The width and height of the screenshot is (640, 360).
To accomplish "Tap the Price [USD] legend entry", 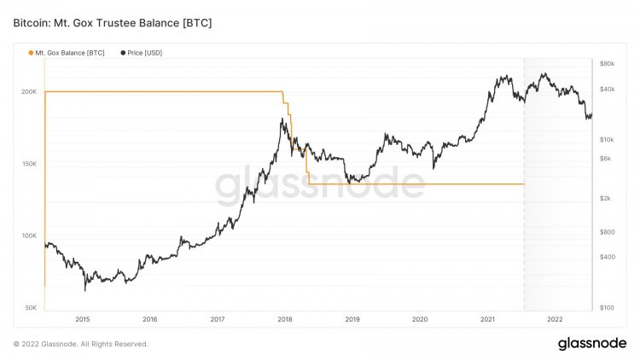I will pyautogui.click(x=144, y=53).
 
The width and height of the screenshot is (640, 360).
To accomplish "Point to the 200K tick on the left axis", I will pyautogui.click(x=28, y=91).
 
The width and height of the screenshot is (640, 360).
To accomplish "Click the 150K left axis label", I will pyautogui.click(x=28, y=164).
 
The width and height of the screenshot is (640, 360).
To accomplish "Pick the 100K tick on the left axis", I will pyautogui.click(x=28, y=235).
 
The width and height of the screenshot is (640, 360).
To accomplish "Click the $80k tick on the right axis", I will pyautogui.click(x=607, y=64).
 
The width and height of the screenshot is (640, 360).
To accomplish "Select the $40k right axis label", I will pyautogui.click(x=607, y=89).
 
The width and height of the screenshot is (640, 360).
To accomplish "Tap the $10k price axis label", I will pyautogui.click(x=607, y=139).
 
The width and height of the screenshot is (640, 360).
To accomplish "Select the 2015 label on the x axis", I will pyautogui.click(x=83, y=320).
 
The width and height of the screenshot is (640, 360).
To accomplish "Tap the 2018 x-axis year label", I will pyautogui.click(x=285, y=320).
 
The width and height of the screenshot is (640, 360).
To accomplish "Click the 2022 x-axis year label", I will pyautogui.click(x=555, y=320).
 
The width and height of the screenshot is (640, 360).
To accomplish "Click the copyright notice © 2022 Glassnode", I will pyautogui.click(x=81, y=344).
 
